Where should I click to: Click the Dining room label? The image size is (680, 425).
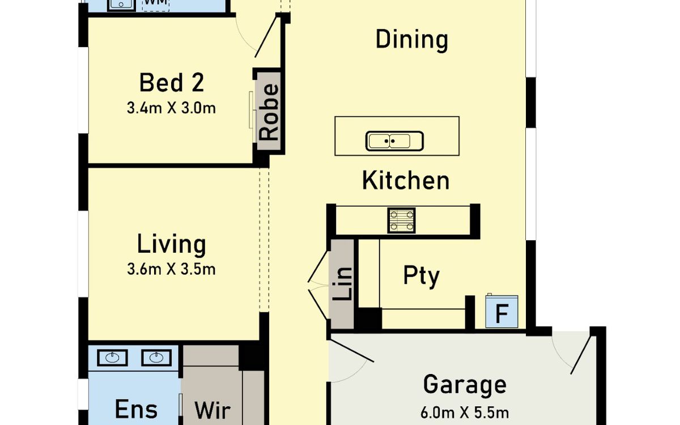coord(411,40)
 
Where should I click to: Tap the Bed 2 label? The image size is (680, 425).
coord(172,83)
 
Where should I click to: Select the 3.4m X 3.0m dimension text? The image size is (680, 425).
coord(171,108)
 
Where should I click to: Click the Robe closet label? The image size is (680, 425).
coord(269,112)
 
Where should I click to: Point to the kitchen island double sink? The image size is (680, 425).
coord(394,141)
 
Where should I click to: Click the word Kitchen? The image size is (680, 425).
coord(406,181)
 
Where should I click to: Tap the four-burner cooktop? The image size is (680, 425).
coord(401,220)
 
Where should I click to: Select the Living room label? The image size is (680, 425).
coord(172,244)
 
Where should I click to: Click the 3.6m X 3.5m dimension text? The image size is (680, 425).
coord(171,269)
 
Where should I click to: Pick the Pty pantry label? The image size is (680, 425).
coord(422,277)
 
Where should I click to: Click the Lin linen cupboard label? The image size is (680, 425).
coord(342,284)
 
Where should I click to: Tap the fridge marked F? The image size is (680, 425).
coord(501,312)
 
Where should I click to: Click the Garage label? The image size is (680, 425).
coord(465,385)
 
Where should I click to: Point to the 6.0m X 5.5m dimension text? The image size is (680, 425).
coord(465,413)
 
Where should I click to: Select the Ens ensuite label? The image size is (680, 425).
coord(137,409)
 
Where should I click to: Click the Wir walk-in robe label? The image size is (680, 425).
coord(212,410)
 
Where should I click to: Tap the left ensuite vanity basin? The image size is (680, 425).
coord(112,358)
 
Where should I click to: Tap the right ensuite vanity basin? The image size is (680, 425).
coord(156,358)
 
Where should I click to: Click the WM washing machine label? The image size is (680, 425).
coord(156,2)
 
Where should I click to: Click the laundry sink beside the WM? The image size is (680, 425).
coord(121,5)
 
